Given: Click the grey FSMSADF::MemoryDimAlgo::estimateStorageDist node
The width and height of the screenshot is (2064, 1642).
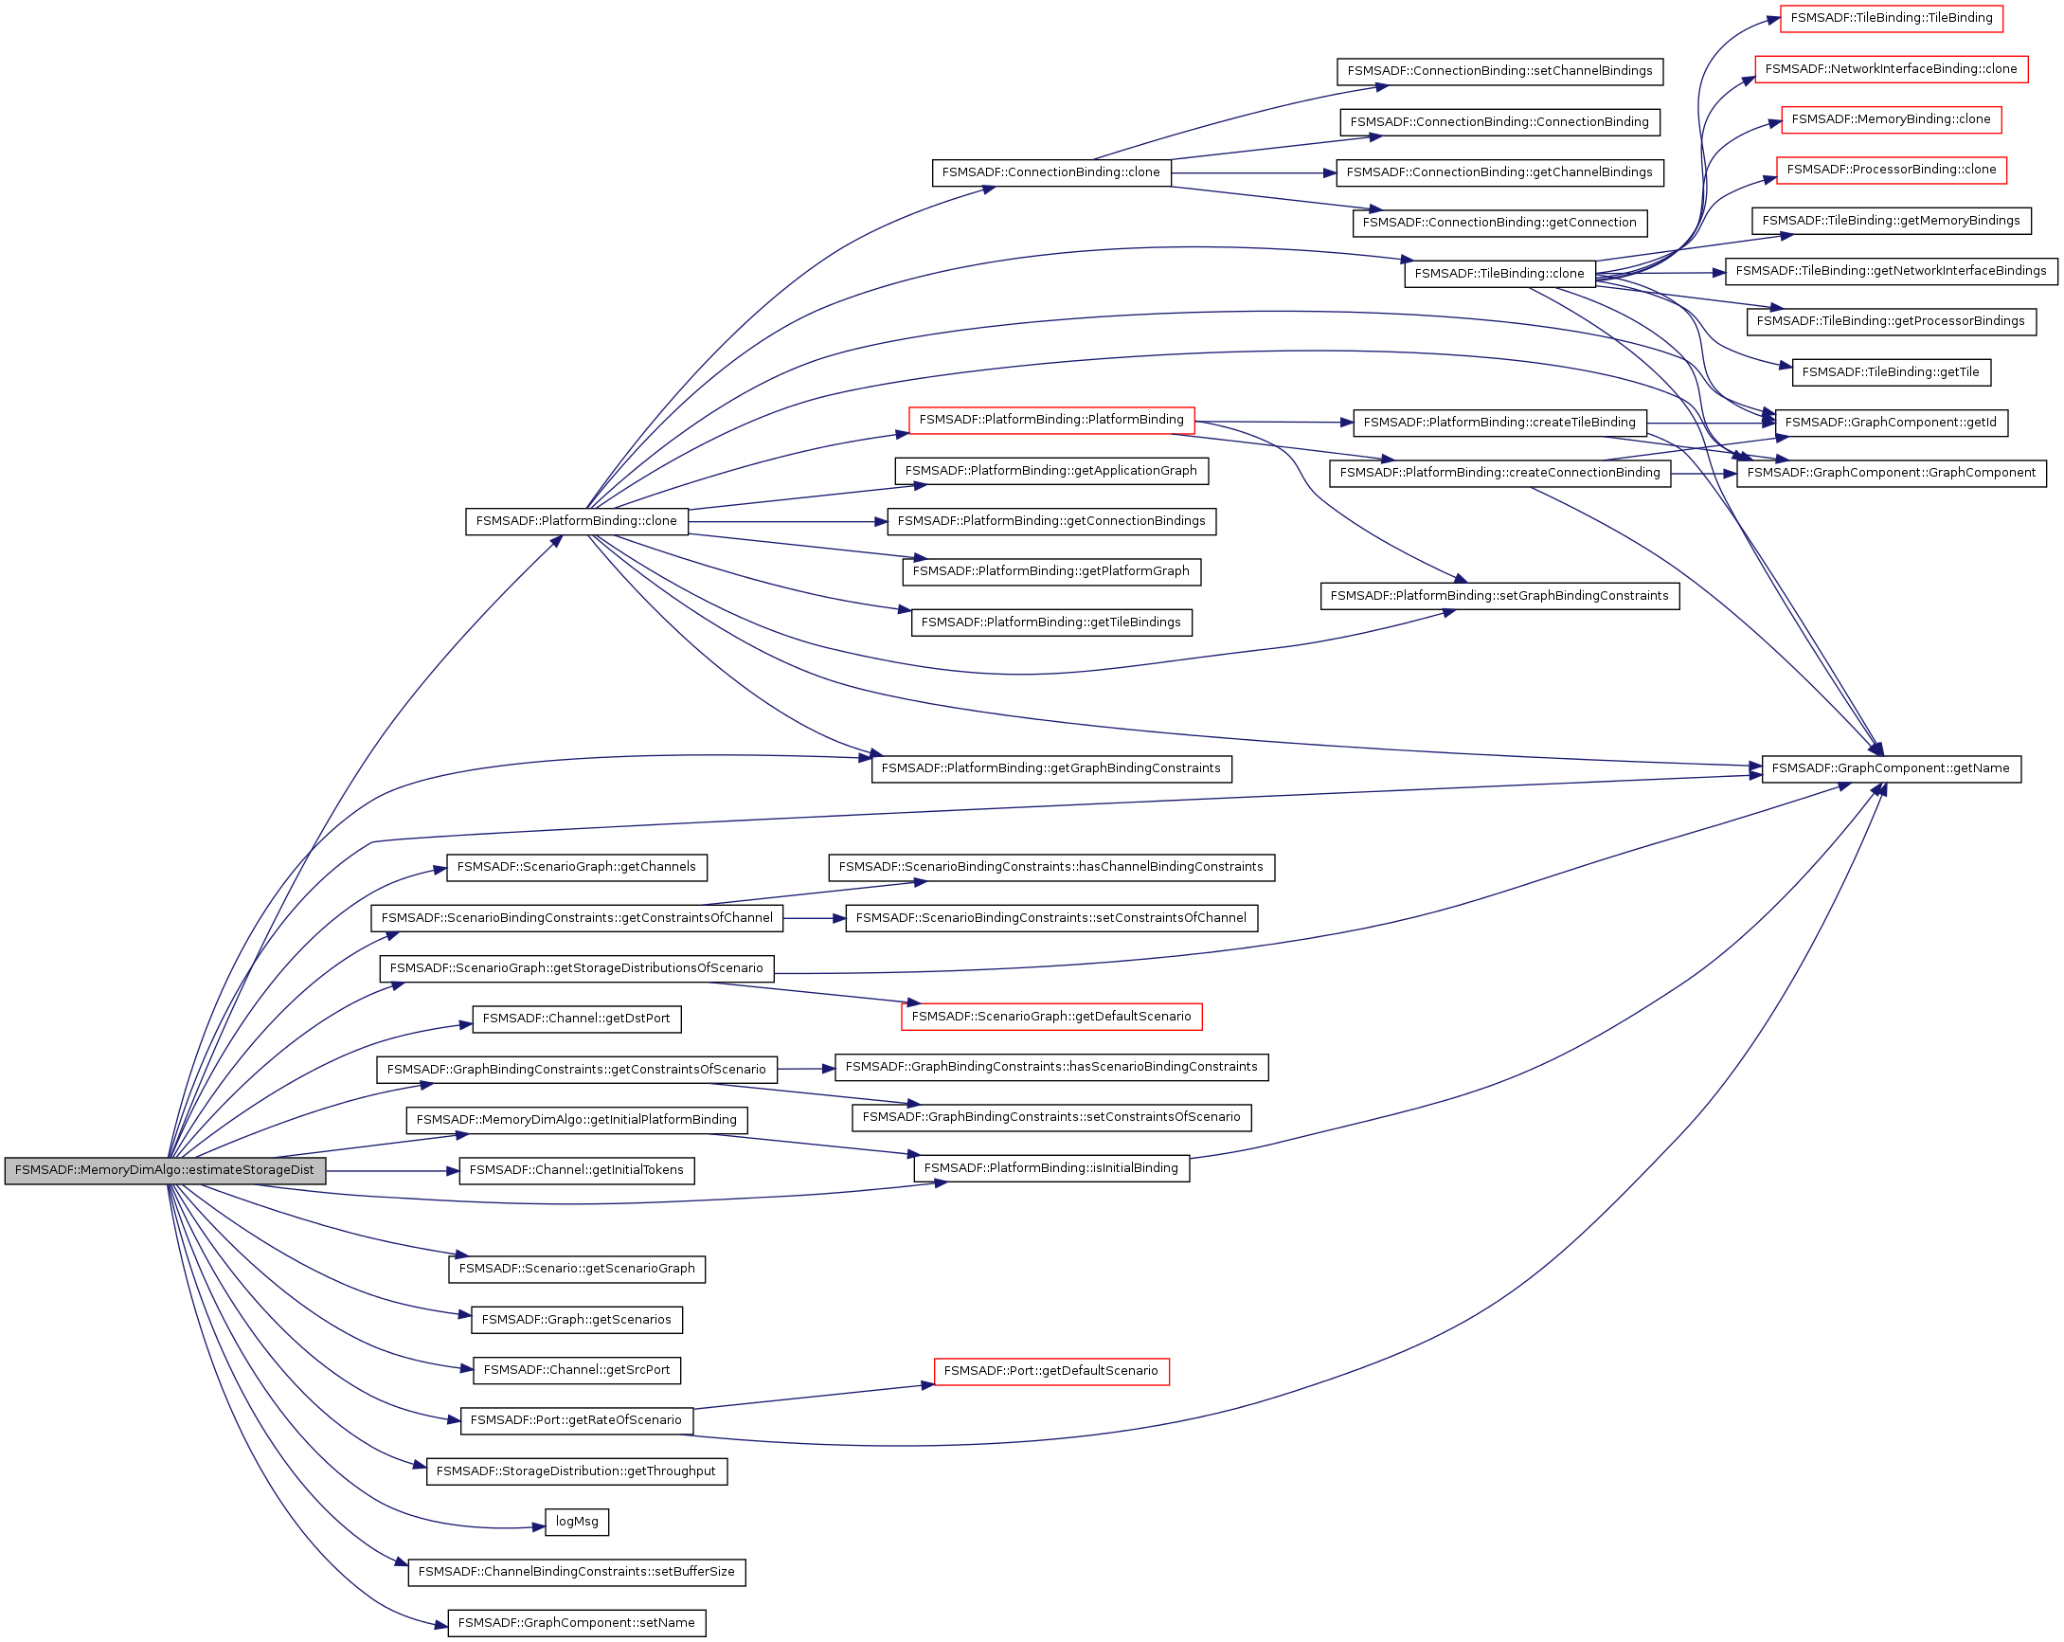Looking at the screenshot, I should [165, 1170].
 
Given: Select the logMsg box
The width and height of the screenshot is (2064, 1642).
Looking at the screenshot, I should [576, 1522].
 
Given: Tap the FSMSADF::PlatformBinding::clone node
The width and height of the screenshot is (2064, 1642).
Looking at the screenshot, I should [576, 522].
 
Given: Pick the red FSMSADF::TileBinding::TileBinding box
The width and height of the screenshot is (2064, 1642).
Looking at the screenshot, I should [1891, 18].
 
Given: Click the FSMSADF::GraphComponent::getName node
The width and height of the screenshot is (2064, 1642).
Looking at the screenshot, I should [1891, 768].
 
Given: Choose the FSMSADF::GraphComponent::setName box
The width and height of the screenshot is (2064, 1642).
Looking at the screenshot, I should [576, 1623].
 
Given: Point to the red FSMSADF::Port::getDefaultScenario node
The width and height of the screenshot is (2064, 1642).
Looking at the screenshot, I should [1050, 1371].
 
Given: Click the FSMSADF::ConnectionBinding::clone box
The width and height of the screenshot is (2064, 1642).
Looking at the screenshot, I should [1050, 173].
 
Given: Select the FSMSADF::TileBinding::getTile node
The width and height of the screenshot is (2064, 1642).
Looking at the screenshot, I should [1891, 372].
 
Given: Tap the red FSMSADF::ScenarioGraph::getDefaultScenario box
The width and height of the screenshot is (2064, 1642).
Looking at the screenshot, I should [1050, 1017].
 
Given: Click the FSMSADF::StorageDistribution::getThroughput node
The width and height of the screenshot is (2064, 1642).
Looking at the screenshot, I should [576, 1471].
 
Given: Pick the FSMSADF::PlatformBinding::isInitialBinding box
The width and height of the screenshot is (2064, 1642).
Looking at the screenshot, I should [1050, 1168].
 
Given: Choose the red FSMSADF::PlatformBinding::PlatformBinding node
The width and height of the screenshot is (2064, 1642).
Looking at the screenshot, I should [1050, 421].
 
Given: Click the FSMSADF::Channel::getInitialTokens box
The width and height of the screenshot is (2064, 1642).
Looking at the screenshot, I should [576, 1170].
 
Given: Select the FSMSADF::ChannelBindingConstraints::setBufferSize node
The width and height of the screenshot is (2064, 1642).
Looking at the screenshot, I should [576, 1572].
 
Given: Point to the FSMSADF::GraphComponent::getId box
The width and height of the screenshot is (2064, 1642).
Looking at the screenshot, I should [1891, 424].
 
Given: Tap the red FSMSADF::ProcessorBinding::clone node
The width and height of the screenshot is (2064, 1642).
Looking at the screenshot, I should [1891, 171].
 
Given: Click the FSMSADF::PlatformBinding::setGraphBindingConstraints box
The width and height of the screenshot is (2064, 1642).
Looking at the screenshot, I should [1499, 597].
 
